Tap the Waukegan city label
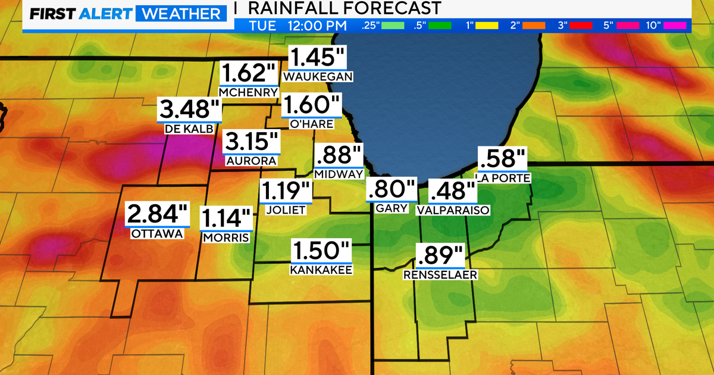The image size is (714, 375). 318,76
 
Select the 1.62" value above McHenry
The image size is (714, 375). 249,74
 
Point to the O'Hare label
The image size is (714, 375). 311,124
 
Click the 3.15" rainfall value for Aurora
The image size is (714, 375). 251,143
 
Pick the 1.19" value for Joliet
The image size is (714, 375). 286,192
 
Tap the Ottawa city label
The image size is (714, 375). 157,234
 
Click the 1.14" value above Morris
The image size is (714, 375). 227,219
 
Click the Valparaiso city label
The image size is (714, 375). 453,210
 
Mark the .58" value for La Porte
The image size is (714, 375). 503,160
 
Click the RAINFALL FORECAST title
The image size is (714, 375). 345,8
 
